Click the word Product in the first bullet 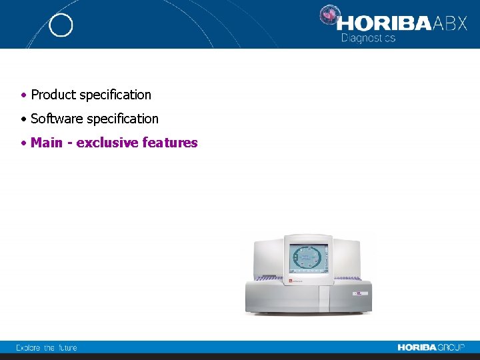point(53,95)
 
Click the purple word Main point(46,143)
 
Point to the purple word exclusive point(107,143)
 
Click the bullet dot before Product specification point(23,95)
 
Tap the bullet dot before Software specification point(23,119)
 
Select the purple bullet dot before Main point(23,143)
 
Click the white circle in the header point(61,25)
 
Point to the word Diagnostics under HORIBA point(368,38)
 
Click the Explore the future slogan point(47,347)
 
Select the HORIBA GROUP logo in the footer point(431,347)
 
